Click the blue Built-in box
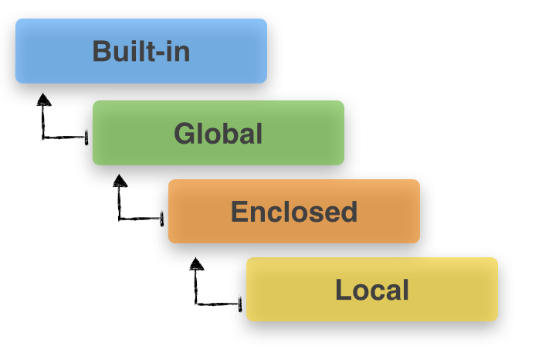[x=141, y=51]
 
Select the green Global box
[x=218, y=133]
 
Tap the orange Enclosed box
[x=294, y=211]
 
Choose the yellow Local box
[x=372, y=290]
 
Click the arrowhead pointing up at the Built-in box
[x=44, y=99]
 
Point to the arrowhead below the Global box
[x=119, y=181]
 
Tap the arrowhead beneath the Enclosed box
[x=197, y=264]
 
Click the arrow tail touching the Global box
[x=86, y=138]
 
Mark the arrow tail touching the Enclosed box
[x=162, y=219]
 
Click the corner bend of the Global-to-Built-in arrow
[x=44, y=138]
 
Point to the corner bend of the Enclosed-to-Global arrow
[x=120, y=219]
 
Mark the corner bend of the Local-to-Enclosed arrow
[x=197, y=303]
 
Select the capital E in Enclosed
[x=239, y=211]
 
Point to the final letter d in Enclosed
[x=349, y=211]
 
